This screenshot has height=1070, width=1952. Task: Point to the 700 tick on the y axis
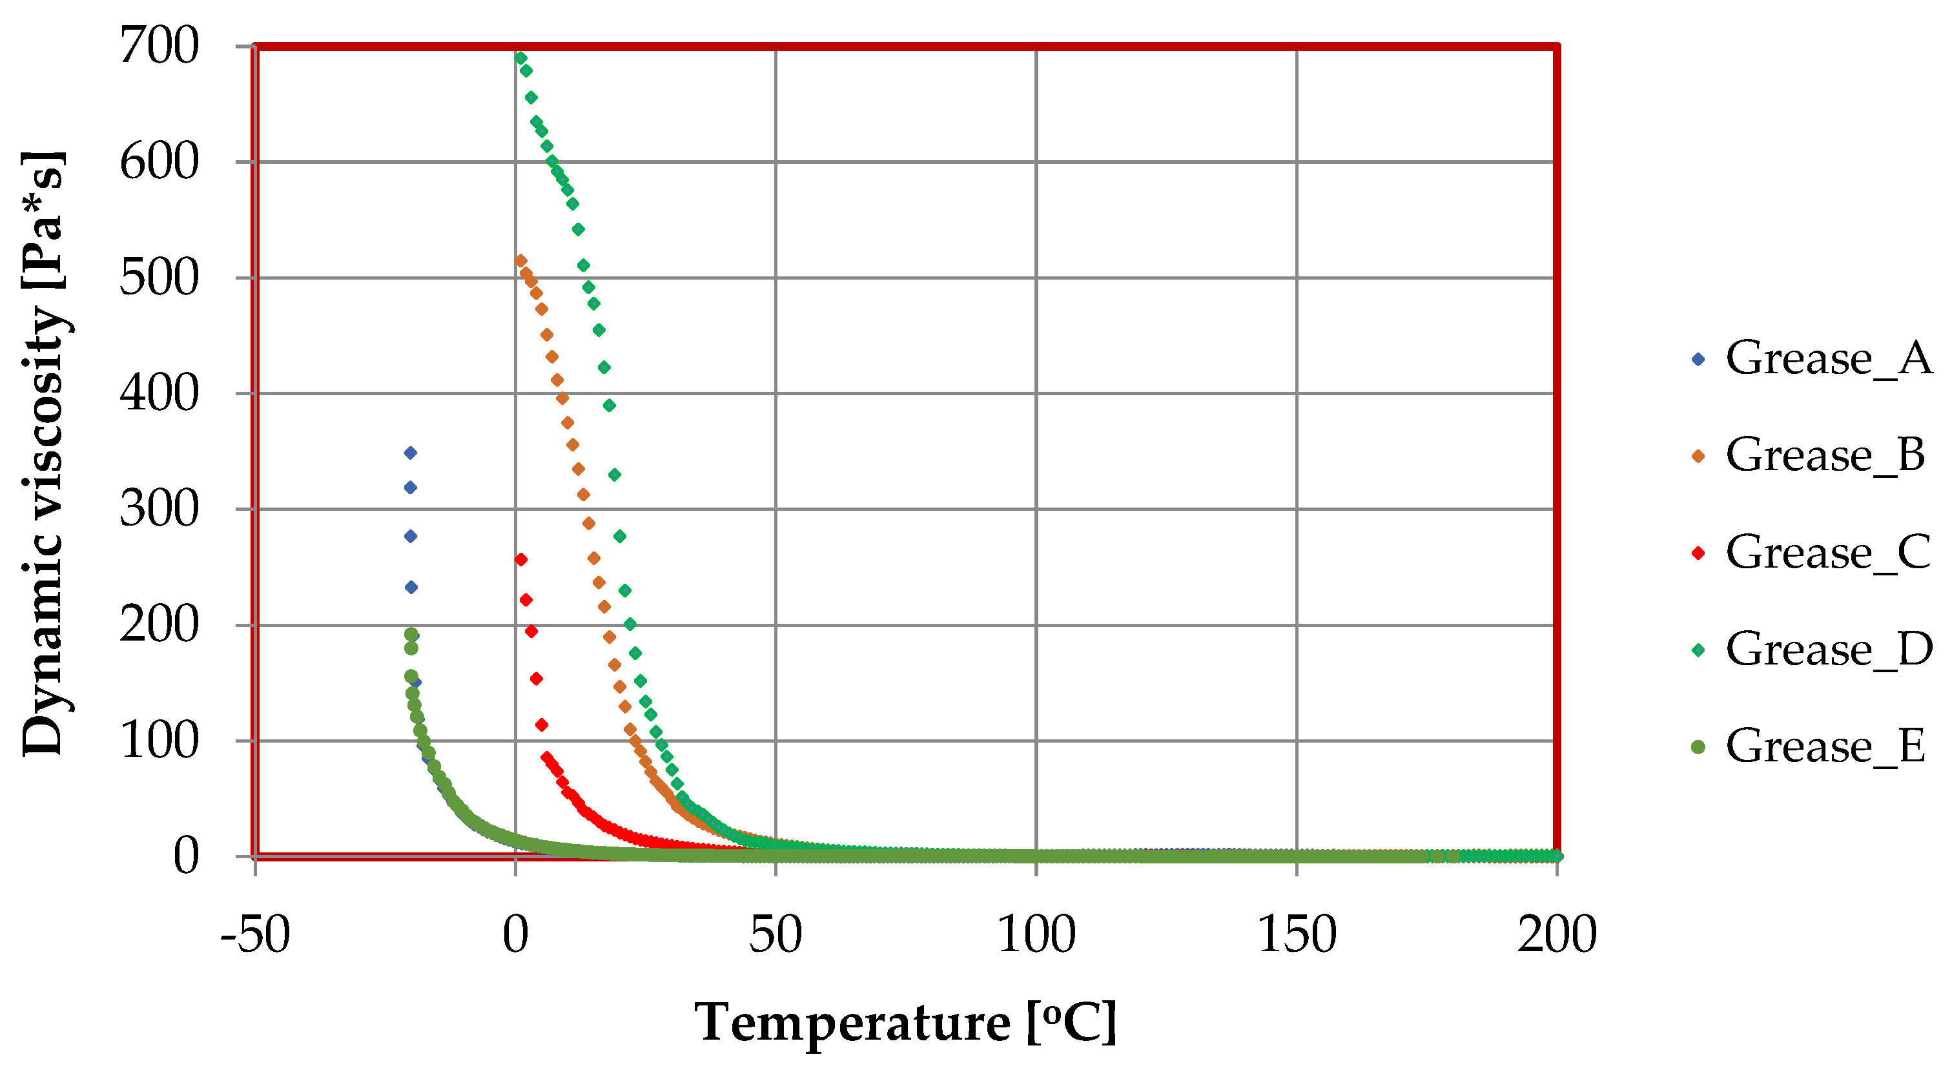click(x=159, y=47)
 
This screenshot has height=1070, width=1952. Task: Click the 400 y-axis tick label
click(x=159, y=394)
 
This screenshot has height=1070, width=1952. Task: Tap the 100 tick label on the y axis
click(x=159, y=741)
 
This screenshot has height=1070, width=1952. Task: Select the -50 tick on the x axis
click(x=254, y=935)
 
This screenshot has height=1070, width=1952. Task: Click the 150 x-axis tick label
click(x=1297, y=935)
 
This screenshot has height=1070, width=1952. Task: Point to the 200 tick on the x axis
click(x=1556, y=935)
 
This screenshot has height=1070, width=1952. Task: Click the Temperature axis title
click(x=905, y=1023)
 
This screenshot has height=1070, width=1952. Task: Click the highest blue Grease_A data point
click(x=411, y=453)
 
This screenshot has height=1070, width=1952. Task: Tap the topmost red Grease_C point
click(x=520, y=560)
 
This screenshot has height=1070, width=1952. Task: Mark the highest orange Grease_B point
click(x=520, y=261)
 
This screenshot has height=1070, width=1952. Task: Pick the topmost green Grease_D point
click(x=520, y=58)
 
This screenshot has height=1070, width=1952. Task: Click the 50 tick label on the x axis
click(x=776, y=935)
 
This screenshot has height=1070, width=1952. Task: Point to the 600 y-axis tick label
click(x=159, y=162)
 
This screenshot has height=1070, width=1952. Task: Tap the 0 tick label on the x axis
click(x=515, y=935)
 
